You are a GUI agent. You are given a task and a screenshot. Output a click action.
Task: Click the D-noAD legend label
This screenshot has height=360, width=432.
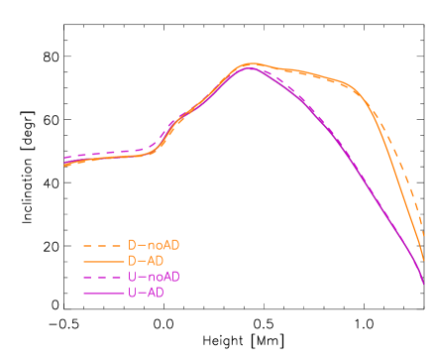tap(154, 245)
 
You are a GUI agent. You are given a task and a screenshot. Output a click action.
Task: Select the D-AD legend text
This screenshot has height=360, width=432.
tap(145, 261)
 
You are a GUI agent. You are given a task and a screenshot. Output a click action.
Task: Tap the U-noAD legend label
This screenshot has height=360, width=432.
tap(154, 277)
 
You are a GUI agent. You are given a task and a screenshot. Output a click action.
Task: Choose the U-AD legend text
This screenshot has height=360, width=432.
tap(145, 293)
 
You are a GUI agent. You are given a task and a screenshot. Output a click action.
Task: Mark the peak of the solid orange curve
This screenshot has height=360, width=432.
tap(250, 63)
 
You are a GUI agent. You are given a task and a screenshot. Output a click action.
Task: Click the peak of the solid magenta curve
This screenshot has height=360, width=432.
tap(249, 67)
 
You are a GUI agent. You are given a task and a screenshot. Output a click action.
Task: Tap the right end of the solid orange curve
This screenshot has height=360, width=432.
tap(424, 260)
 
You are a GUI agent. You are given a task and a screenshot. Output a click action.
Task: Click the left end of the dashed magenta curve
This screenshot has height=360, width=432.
tap(64, 158)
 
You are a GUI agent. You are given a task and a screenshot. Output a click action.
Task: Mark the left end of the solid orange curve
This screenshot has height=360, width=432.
tap(64, 165)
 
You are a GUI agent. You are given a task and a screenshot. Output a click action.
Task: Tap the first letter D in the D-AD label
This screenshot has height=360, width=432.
tap(131, 261)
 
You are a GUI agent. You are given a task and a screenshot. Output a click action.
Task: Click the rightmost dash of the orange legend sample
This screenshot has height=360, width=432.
tap(116, 245)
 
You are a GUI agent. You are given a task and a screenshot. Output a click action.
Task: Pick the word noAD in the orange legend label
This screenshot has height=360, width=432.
tap(162, 245)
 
